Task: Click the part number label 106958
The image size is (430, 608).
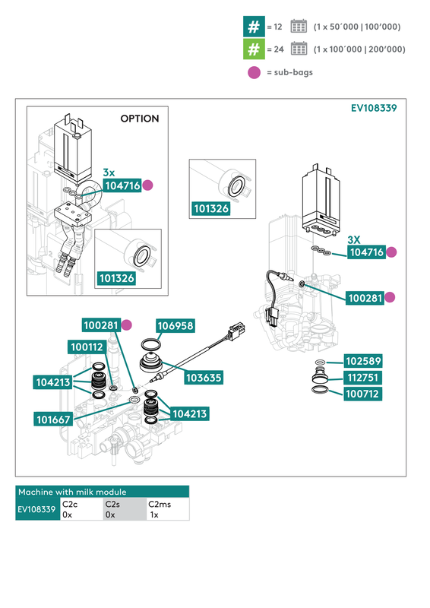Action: pos(176,326)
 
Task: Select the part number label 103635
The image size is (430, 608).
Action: pos(204,377)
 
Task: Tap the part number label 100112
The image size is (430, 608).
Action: pos(87,347)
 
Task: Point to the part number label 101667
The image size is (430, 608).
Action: pos(55,419)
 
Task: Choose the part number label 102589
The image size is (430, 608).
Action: pos(363,361)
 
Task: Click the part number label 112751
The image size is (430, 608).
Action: pos(363,378)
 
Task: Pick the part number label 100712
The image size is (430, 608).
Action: pos(363,394)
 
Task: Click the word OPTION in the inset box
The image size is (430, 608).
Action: pos(140,119)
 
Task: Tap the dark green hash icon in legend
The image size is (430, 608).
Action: pos(252,27)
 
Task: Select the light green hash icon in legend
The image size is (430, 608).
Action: pos(252,49)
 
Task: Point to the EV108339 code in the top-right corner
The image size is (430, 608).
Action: pos(373,108)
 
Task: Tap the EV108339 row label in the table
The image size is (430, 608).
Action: pos(37,509)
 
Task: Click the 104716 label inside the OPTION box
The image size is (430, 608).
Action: pos(122,185)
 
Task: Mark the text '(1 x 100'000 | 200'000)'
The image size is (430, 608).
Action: pos(359,49)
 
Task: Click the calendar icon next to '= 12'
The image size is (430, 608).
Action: pos(299,27)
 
